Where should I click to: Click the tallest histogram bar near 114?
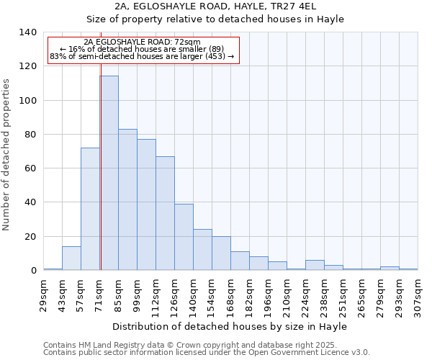pos(109,173)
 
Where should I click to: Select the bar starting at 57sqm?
pos(90,209)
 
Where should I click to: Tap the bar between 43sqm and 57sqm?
pos(71,258)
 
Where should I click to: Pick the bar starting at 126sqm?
pos(184,237)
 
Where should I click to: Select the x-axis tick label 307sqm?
pos(418,297)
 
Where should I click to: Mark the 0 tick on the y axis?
pos(33,271)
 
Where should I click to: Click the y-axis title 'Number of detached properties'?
pos(7,155)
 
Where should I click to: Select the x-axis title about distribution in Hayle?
pos(230,327)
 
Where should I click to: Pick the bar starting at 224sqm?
pos(315,265)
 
